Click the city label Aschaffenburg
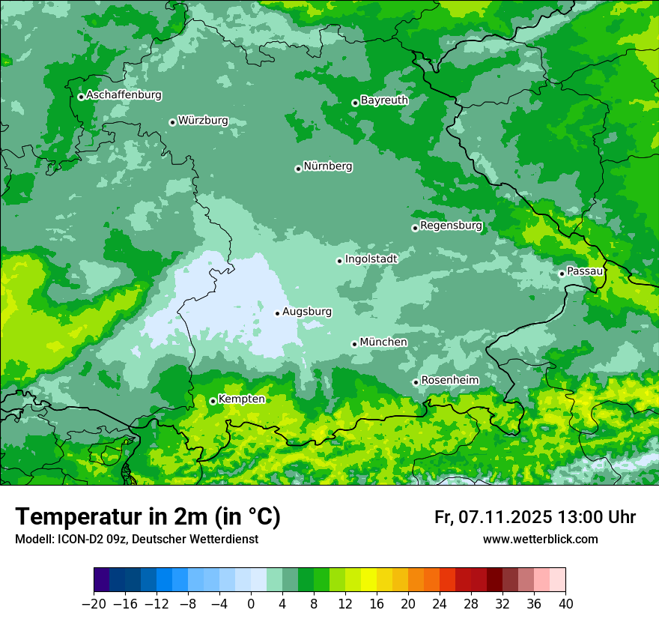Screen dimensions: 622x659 tap(124, 95)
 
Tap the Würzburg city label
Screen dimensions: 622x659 tap(203, 121)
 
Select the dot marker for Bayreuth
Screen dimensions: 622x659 tap(355, 103)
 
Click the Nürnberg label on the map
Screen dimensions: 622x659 tap(327, 166)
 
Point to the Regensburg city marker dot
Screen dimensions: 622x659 tap(415, 228)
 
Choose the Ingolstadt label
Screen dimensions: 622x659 tap(371, 259)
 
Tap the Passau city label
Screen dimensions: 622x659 tap(584, 271)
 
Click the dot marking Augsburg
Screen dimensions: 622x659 tap(277, 313)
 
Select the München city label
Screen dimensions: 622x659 tap(383, 342)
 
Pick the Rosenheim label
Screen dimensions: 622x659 tap(449, 381)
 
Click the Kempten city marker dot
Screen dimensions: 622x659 tap(213, 401)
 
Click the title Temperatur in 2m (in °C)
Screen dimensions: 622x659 tap(148, 516)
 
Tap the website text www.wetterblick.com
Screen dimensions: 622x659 tap(540, 540)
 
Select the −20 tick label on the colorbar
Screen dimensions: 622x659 tap(94, 604)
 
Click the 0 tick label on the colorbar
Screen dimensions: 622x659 tap(251, 604)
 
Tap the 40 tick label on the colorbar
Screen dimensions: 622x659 tap(565, 604)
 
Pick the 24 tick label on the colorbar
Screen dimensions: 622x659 tap(440, 604)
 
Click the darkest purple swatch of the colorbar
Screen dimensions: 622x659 tap(102, 580)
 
